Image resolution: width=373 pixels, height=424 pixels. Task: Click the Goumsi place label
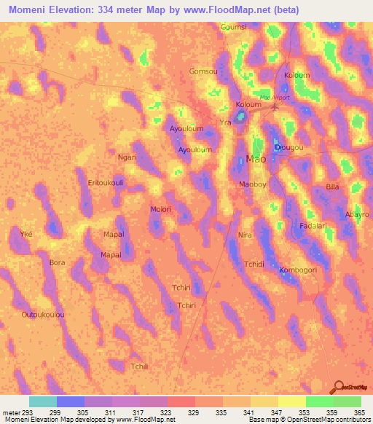(234, 27)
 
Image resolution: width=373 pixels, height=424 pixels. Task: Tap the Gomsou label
(203, 71)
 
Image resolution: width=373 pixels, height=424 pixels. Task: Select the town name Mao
(256, 159)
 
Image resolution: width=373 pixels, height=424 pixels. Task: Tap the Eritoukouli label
(105, 182)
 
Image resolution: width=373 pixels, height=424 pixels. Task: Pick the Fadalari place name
(313, 226)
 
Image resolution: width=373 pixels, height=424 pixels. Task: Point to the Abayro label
(357, 215)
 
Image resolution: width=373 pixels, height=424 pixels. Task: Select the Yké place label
(26, 234)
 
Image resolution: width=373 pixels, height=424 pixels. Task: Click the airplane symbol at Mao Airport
(275, 109)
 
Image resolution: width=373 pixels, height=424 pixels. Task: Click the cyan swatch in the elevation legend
(42, 401)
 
